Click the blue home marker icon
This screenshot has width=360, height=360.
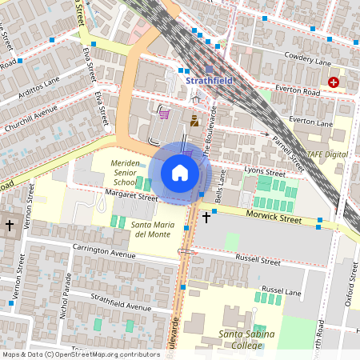coord(180,172)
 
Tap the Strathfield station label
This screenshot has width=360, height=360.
coord(210,81)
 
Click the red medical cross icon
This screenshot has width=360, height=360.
coord(333,82)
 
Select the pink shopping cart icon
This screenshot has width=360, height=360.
coord(164,114)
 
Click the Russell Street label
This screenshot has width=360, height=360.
coord(258,260)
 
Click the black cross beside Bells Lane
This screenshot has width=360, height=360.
coord(206,217)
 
